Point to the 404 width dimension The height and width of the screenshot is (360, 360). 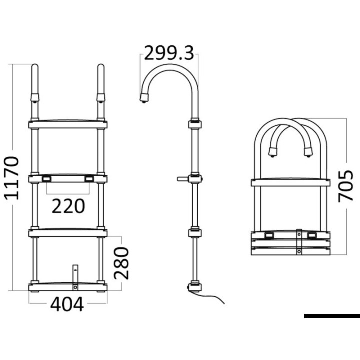[x=67, y=304]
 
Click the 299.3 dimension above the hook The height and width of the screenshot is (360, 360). [x=169, y=52]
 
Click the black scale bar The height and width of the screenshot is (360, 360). [x=331, y=316]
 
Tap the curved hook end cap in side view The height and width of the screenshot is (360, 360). [x=144, y=98]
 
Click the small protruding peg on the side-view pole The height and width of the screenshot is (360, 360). [x=181, y=178]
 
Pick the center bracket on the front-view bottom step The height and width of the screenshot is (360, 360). [x=76, y=276]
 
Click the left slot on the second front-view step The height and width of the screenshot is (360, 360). [x=46, y=178]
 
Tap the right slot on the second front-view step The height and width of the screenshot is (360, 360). [x=89, y=178]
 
